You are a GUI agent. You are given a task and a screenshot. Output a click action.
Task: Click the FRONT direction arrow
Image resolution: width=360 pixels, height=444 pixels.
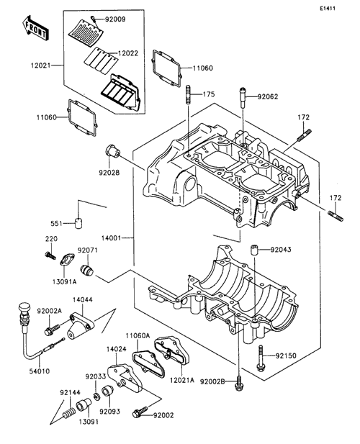coord(36,27)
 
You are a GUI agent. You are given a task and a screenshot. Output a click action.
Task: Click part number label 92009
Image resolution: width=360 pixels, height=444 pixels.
coord(115,19)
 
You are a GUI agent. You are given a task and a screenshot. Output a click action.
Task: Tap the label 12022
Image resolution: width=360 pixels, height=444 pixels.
coord(128,53)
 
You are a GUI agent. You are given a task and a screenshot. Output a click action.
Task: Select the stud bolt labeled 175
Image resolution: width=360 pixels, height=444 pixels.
coord(189,95)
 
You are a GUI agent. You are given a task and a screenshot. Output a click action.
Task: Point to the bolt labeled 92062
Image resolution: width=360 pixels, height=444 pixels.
coord(243,97)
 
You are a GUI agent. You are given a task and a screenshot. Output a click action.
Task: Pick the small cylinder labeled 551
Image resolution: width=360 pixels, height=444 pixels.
coord(78,223)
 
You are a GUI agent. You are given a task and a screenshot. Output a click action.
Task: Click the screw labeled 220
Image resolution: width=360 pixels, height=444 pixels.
coord(50,255)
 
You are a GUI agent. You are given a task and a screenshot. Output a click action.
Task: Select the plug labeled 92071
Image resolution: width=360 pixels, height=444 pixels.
coord(87,270)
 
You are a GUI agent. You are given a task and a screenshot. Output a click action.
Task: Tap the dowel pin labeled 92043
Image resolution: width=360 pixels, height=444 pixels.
coord(253,250)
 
